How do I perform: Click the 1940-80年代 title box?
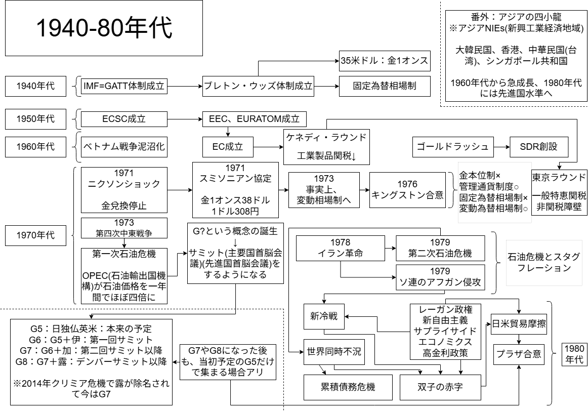coord(104,28)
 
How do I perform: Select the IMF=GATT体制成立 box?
coord(124,86)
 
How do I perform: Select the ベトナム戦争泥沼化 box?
coord(124,147)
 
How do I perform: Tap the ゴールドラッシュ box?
coord(451,147)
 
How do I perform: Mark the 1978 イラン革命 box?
coord(339,248)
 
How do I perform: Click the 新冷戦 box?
coord(324,317)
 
